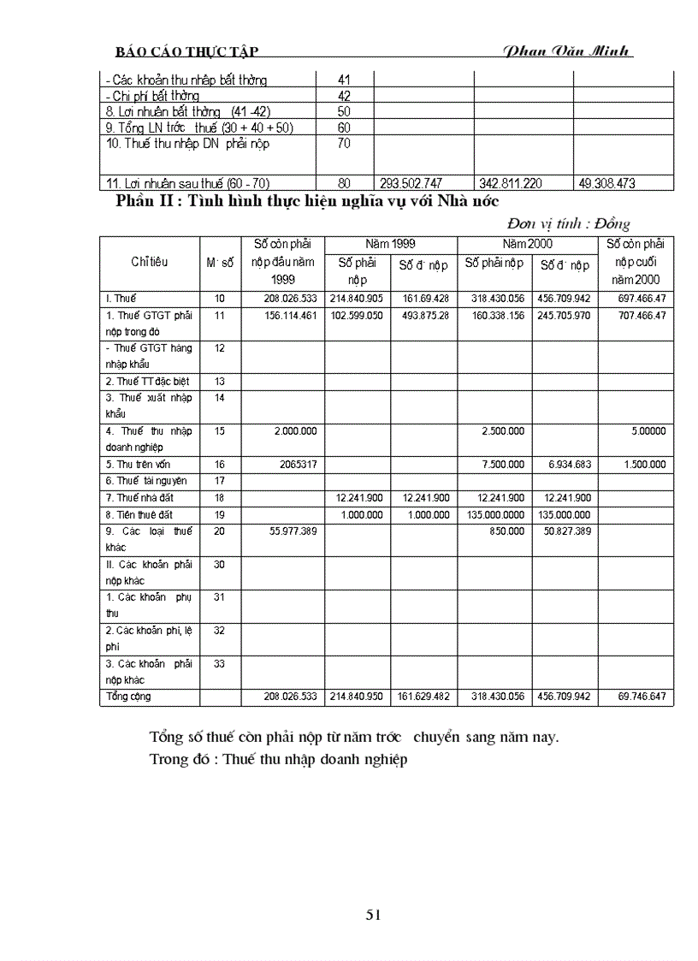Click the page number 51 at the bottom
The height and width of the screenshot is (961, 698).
[x=373, y=915]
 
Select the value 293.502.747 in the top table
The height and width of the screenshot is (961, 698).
[x=411, y=183]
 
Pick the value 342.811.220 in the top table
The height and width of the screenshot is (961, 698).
[x=512, y=183]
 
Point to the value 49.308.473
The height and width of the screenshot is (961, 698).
[x=607, y=183]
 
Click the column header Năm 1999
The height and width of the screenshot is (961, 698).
[x=390, y=244]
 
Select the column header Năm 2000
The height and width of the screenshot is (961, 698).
[x=528, y=244]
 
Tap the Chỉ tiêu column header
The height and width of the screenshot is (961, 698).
[x=148, y=262]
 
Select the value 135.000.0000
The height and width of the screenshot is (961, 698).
[x=497, y=514]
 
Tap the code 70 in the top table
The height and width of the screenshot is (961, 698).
[x=344, y=144]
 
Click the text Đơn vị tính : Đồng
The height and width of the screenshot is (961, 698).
[x=567, y=224]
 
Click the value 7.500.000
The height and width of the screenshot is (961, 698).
[x=503, y=464]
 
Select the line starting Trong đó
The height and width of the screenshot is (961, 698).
[x=277, y=759]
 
